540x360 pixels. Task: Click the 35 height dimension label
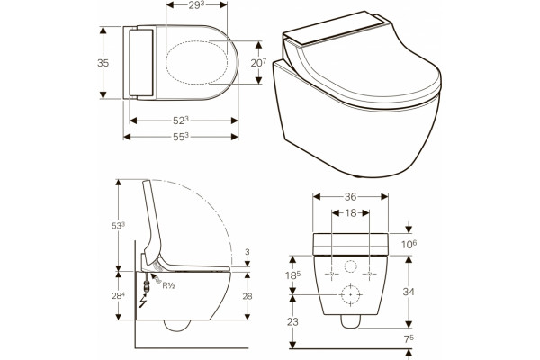(103, 63)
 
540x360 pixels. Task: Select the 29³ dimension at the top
(195, 5)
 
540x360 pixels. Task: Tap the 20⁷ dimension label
(258, 63)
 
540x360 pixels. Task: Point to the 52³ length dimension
(181, 121)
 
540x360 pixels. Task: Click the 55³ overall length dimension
(181, 137)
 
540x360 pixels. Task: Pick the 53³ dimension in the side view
(118, 226)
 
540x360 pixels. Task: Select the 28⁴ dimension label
(118, 295)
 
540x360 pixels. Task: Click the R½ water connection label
(169, 285)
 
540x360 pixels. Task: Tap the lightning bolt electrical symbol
(142, 301)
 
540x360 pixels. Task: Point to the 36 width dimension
(351, 197)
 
